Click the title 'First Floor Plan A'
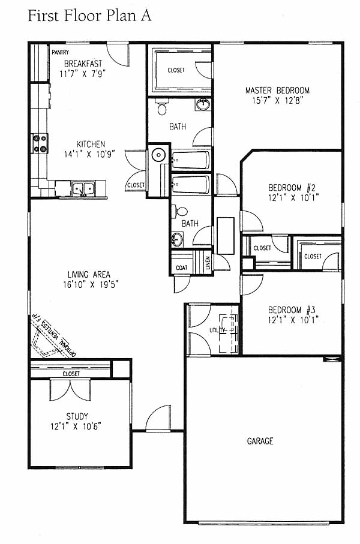click(x=89, y=16)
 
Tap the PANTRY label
click(x=61, y=52)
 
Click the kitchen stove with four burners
click(x=40, y=143)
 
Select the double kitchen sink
click(x=83, y=188)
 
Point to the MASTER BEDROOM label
click(x=277, y=91)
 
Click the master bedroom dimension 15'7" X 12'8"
click(x=278, y=101)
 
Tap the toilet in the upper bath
click(x=162, y=106)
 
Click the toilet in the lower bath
click(x=181, y=211)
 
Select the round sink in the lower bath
click(x=178, y=239)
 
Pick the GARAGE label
click(x=260, y=441)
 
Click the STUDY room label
click(x=77, y=416)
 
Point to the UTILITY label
click(x=218, y=330)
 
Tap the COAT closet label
click(x=182, y=268)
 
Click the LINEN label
click(x=208, y=263)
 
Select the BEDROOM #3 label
click(x=292, y=310)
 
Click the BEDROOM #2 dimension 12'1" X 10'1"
click(x=293, y=198)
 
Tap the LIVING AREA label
click(x=89, y=275)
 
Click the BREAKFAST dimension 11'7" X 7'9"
click(x=83, y=74)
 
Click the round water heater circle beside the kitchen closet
click(x=158, y=155)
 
